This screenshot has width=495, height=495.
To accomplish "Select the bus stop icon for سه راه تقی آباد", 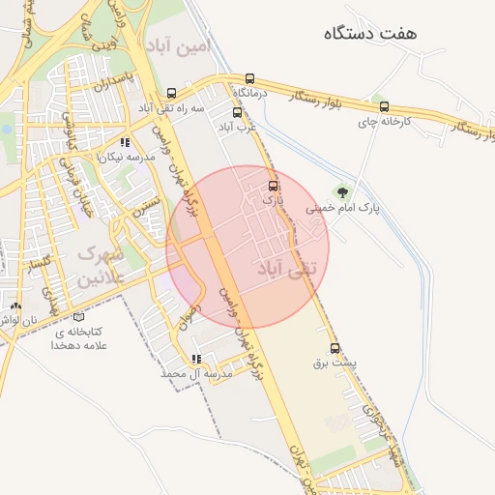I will click(171, 92).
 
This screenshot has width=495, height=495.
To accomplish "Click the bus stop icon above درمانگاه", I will click(250, 78).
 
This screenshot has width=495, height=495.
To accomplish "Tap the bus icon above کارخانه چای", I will click(385, 106).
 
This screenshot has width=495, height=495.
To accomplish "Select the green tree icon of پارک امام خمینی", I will click(339, 191).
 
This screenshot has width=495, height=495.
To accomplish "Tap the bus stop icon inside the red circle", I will click(272, 184).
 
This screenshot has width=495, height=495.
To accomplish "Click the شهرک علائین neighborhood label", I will click(101, 267).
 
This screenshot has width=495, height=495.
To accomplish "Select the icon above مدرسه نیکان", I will click(124, 142).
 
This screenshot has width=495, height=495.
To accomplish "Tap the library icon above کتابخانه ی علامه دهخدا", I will click(79, 315).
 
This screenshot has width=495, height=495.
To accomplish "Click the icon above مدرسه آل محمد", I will click(195, 358).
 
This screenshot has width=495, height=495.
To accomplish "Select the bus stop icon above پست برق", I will click(335, 348).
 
